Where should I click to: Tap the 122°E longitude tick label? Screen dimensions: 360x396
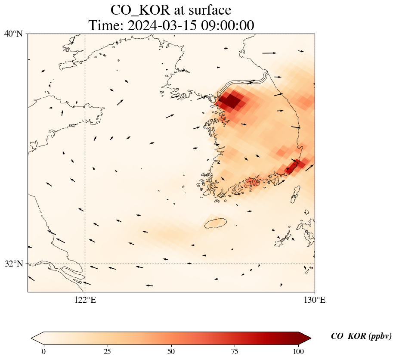point(85,300)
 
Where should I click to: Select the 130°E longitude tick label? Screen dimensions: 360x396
point(315,300)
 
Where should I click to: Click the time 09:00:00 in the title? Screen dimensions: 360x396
point(226,25)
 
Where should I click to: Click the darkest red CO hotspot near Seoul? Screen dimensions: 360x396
point(231,101)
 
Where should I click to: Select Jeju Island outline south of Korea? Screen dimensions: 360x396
point(215,223)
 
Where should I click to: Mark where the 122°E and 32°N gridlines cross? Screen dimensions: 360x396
point(85,264)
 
